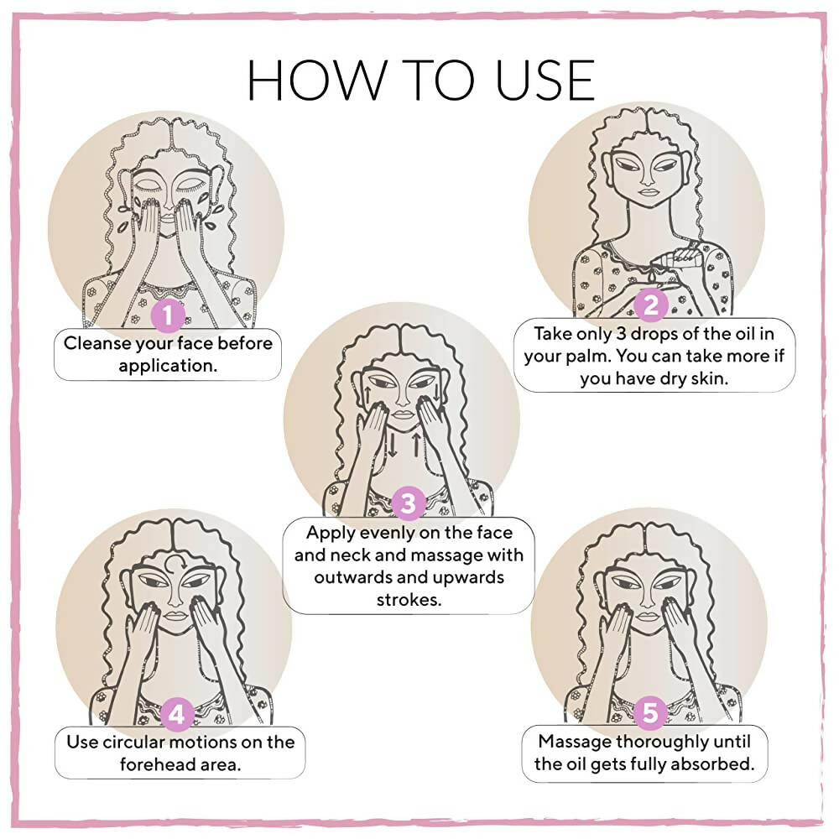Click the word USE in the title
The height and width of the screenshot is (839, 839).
[545, 80]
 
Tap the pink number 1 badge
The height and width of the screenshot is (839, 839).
[169, 315]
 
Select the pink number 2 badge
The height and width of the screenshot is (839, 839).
[651, 305]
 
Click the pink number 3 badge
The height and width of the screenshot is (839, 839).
[409, 503]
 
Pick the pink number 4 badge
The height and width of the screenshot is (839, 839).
[176, 714]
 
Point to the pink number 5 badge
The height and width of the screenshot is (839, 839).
[650, 712]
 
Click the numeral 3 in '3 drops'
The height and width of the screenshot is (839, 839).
[621, 333]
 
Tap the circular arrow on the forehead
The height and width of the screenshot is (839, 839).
[175, 564]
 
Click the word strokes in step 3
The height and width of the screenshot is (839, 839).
[409, 599]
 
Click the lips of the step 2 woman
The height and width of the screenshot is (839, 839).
[648, 192]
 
